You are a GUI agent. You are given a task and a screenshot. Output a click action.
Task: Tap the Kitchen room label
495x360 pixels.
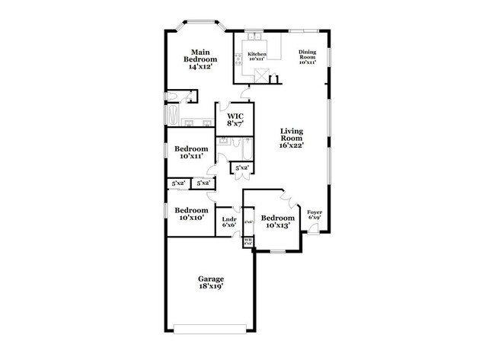(x=257, y=54)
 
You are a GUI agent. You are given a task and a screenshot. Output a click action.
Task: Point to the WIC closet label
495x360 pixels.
(x=235, y=119)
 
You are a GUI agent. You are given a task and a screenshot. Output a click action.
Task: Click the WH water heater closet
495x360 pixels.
(x=247, y=242)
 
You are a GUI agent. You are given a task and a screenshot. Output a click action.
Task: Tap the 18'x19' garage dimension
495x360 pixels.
(x=212, y=288)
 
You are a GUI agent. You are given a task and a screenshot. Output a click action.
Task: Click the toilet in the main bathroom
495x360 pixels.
(x=174, y=96)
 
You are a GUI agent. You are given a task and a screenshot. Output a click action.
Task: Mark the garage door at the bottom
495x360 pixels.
(x=211, y=329)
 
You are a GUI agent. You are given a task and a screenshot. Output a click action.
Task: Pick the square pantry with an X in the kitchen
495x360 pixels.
(x=262, y=75)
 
